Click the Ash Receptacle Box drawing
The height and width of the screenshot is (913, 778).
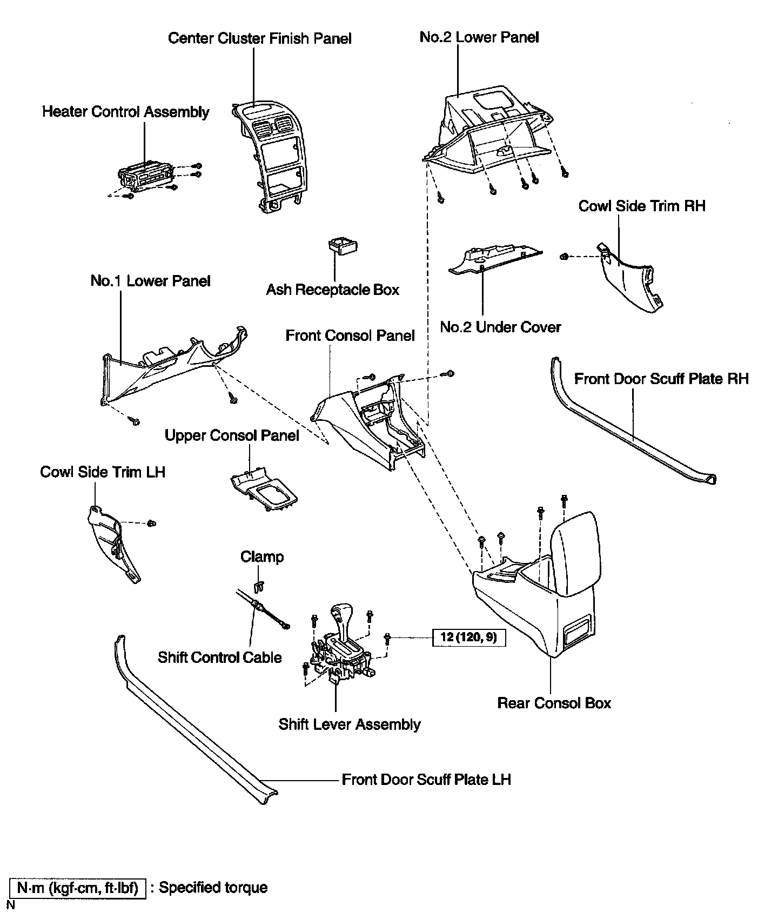click(x=343, y=245)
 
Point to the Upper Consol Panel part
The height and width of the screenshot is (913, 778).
click(x=264, y=488)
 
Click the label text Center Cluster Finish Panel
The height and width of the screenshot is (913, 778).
click(x=260, y=39)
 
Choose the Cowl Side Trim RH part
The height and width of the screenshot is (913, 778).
click(x=629, y=278)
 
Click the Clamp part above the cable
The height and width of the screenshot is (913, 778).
click(x=259, y=586)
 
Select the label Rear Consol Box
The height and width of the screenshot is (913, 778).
click(x=554, y=703)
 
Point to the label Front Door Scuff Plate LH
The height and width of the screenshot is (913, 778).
click(x=426, y=780)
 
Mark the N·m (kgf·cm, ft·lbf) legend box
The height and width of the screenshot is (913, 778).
click(x=78, y=888)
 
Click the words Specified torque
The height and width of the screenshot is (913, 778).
click(x=213, y=888)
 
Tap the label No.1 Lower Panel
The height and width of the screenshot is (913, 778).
click(x=150, y=281)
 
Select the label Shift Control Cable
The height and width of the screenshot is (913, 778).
click(x=220, y=657)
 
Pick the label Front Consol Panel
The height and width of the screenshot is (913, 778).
click(x=350, y=335)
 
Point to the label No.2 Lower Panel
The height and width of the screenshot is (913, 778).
click(x=479, y=37)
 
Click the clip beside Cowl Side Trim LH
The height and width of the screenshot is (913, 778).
click(x=152, y=523)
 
